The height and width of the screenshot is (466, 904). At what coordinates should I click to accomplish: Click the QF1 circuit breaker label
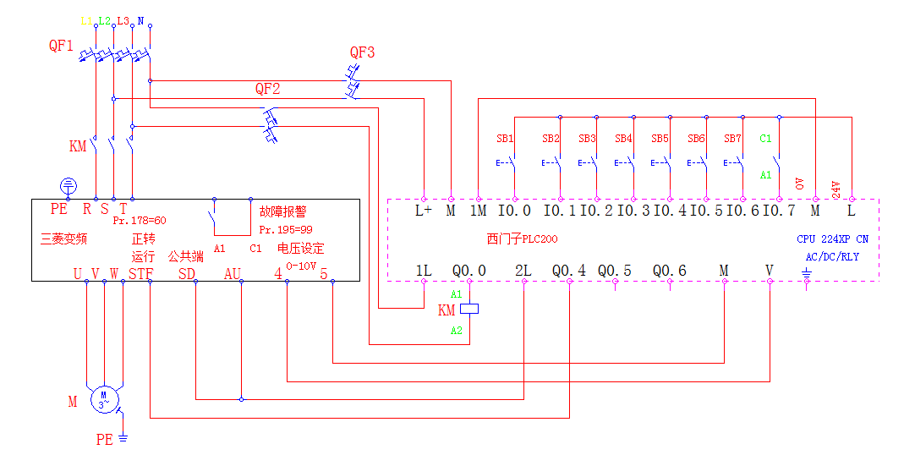point(61,46)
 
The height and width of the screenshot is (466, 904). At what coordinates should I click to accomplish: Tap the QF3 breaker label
point(362,52)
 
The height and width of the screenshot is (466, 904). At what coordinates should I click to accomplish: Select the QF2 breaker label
point(268,88)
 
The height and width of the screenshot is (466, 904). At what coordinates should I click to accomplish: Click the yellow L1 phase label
point(85,19)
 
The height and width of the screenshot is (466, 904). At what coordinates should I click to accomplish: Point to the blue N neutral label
point(140,19)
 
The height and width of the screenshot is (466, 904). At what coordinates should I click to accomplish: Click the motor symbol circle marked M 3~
point(105,398)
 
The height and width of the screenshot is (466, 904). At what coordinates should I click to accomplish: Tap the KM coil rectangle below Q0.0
point(469,310)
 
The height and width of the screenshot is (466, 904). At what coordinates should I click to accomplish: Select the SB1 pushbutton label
point(505,138)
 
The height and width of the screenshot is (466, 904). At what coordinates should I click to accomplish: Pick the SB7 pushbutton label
point(732,138)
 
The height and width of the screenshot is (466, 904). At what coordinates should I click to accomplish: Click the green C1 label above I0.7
point(765,138)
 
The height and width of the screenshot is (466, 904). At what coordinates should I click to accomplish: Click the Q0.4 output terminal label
point(569,271)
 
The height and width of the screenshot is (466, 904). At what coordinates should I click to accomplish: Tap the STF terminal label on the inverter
point(141,273)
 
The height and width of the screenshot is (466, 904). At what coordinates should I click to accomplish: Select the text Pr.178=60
point(140,221)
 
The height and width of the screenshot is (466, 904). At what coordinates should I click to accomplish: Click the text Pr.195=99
point(285,229)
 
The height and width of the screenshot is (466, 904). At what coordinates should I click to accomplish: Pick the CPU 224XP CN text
point(832,239)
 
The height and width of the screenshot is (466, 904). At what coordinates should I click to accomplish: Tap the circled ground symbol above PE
point(69,185)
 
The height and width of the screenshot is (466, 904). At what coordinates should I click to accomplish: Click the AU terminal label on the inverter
point(233,273)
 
